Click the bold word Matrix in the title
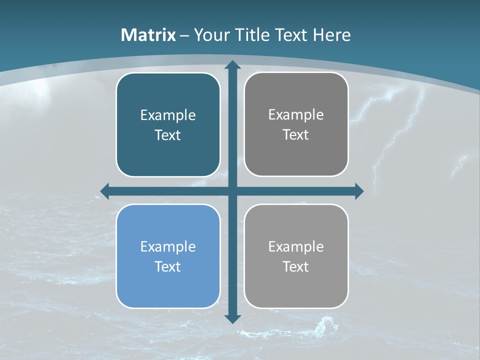click(148, 35)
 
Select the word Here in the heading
click(332, 35)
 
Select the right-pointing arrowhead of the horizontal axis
click(359, 191)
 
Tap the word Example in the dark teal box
click(168, 115)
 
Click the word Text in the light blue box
click(168, 266)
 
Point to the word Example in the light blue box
click(168, 247)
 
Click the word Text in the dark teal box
click(168, 135)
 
